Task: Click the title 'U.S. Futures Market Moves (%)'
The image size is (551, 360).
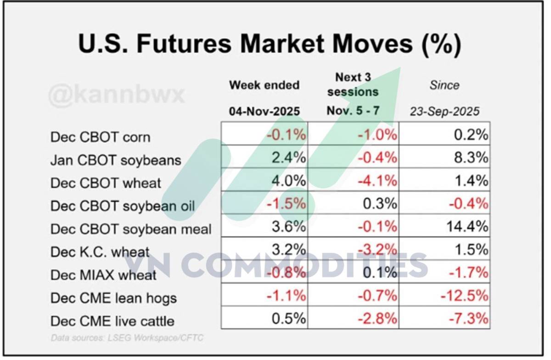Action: pos(270,44)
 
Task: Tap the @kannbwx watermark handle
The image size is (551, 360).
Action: pos(116,95)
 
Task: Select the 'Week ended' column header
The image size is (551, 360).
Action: pos(264,85)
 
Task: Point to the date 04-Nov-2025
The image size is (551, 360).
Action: pos(264,111)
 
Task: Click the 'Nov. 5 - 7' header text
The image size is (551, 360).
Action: pos(353,111)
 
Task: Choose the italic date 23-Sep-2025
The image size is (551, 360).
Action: pos(444,111)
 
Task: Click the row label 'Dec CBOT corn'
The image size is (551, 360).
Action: pos(100,137)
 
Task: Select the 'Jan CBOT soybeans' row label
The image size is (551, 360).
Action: pos(116,160)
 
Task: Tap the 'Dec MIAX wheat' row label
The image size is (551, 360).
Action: pos(103,275)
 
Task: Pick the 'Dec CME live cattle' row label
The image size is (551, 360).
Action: pos(112,321)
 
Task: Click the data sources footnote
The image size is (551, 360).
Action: pos(127,338)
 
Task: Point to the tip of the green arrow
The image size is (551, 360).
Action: pos(400,67)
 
